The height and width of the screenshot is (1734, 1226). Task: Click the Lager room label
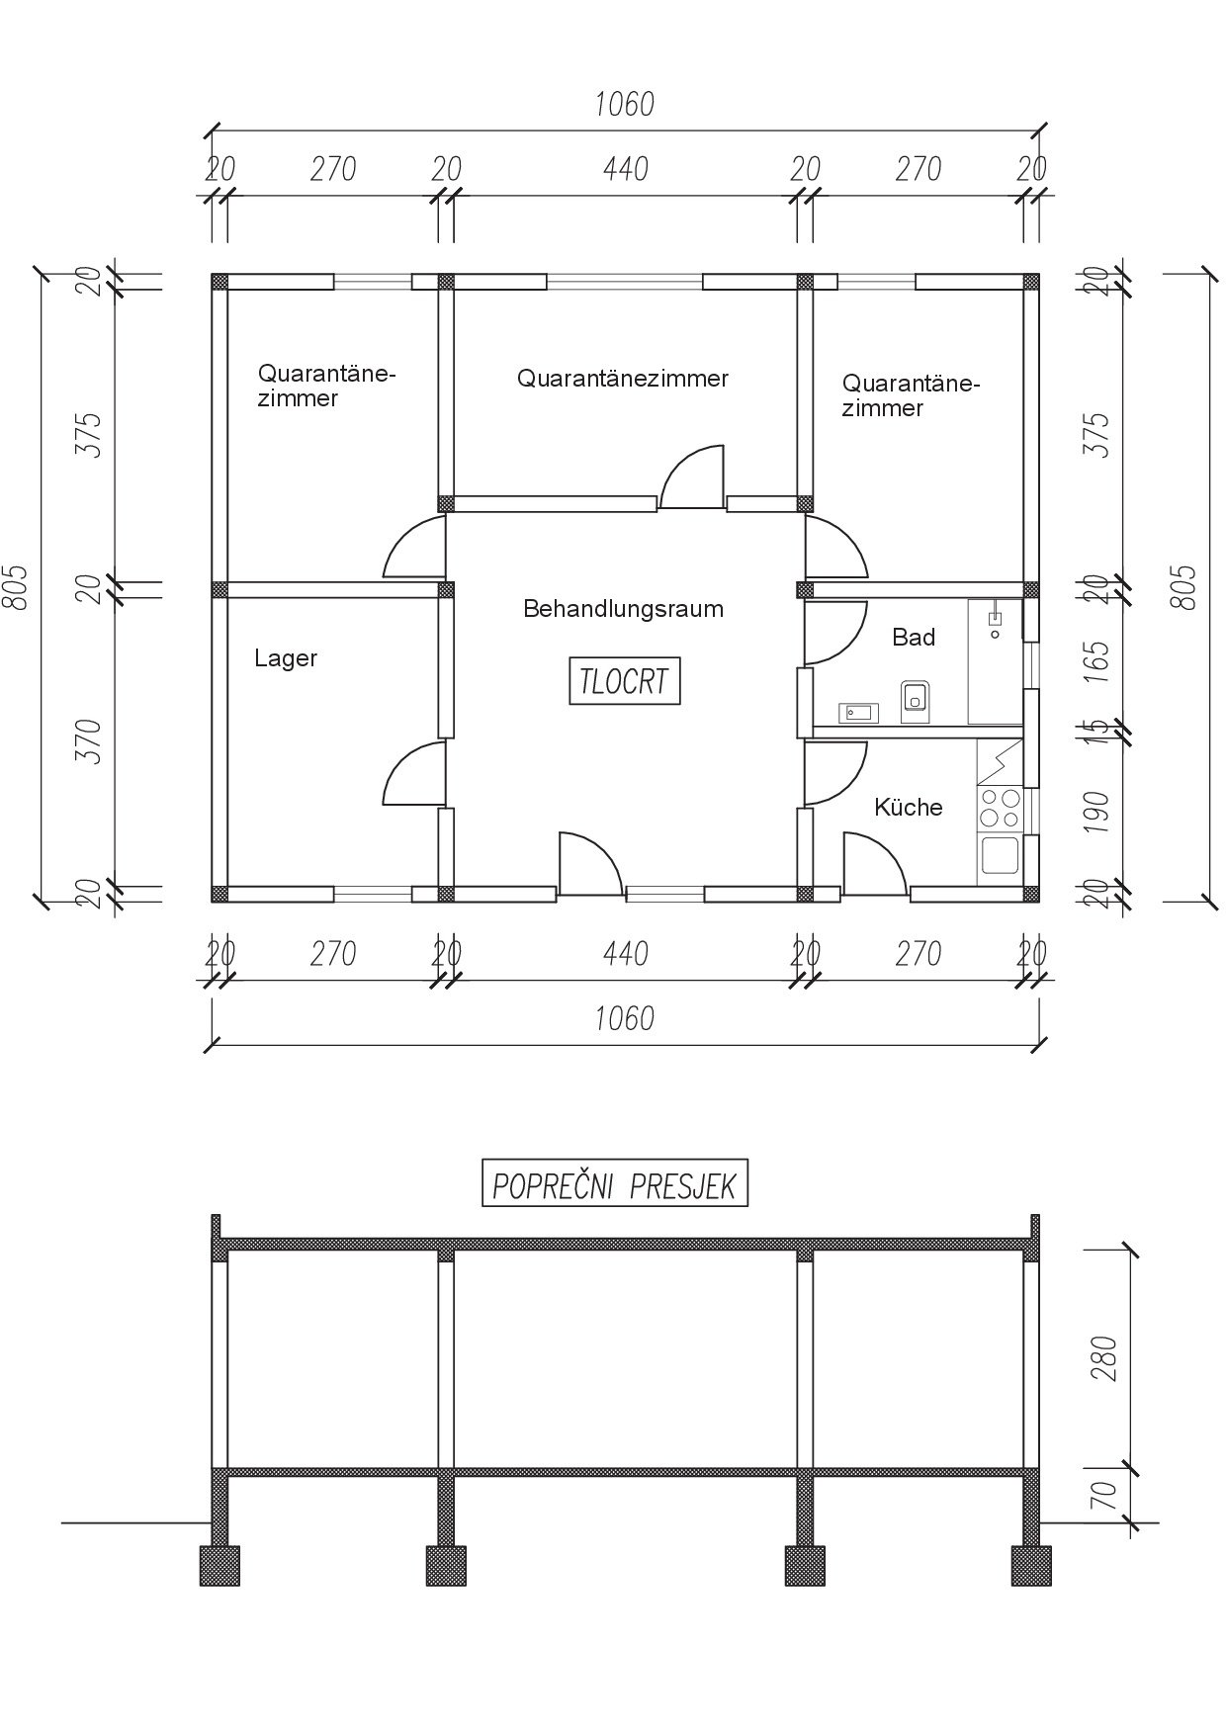click(x=286, y=659)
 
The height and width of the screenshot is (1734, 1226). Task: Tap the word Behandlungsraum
click(x=623, y=609)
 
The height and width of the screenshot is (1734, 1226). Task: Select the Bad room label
click(x=914, y=638)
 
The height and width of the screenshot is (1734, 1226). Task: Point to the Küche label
click(x=908, y=807)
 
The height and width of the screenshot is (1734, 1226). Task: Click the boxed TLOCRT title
click(x=625, y=681)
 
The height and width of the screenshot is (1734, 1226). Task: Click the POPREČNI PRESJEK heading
click(x=614, y=1184)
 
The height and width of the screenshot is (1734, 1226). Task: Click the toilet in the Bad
click(x=915, y=697)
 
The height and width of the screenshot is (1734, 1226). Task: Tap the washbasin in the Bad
click(x=858, y=712)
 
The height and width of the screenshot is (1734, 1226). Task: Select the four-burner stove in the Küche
click(x=999, y=809)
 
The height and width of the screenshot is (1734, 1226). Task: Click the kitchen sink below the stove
click(x=999, y=856)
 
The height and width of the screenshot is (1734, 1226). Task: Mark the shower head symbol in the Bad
click(x=995, y=618)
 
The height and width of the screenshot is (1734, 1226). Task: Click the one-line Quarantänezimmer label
click(x=623, y=379)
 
